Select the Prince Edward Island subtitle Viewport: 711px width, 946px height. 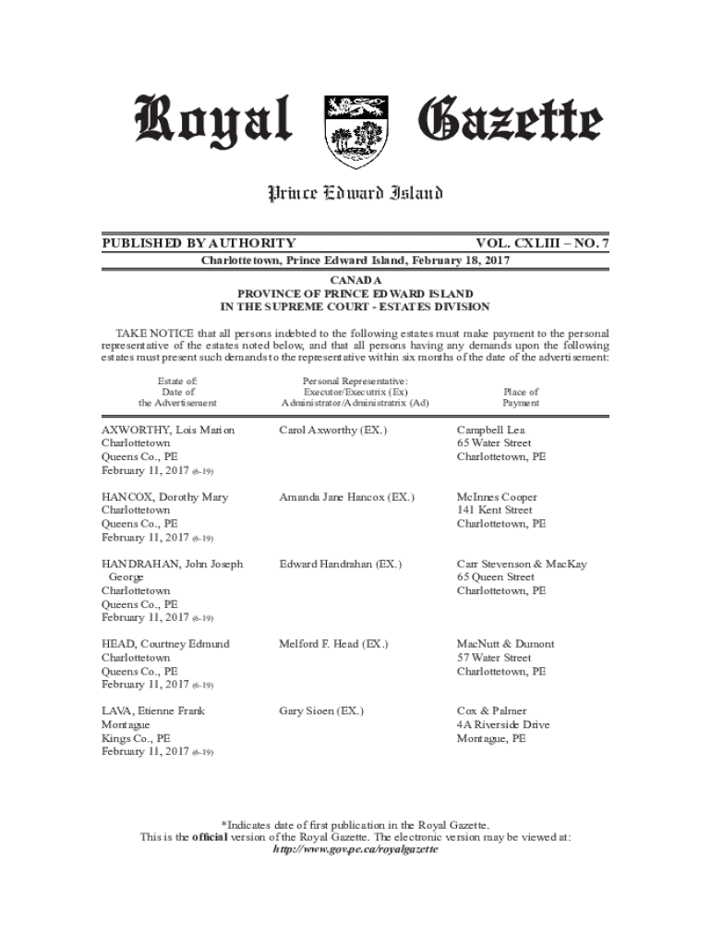(x=355, y=193)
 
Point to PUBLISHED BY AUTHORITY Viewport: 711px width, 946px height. (x=199, y=243)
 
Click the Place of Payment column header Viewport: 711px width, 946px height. (x=521, y=397)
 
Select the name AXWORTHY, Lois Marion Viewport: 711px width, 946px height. (x=168, y=431)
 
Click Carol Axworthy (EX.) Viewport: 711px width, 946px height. (x=333, y=431)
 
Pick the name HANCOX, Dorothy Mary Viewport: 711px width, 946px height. (x=164, y=497)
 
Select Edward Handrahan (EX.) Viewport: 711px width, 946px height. (x=341, y=564)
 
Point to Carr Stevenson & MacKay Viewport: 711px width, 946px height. (x=522, y=564)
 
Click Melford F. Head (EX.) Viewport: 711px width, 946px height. (x=333, y=644)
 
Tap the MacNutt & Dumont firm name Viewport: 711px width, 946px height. (x=506, y=644)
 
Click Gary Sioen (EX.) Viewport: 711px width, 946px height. (x=321, y=711)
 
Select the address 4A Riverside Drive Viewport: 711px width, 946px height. (x=503, y=725)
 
